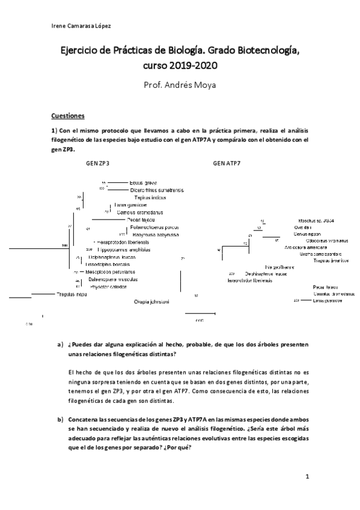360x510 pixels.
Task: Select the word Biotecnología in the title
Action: pos(268,52)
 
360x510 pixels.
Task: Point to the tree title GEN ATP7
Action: pos(226,163)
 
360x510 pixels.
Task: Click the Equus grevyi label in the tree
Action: pos(143,183)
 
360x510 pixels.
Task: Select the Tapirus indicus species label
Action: pos(150,197)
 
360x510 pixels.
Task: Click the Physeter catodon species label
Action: pos(106,287)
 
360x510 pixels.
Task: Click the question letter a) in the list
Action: pos(59,345)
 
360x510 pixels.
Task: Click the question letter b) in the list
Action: pos(59,417)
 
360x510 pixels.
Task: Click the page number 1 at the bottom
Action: pos(307,477)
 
